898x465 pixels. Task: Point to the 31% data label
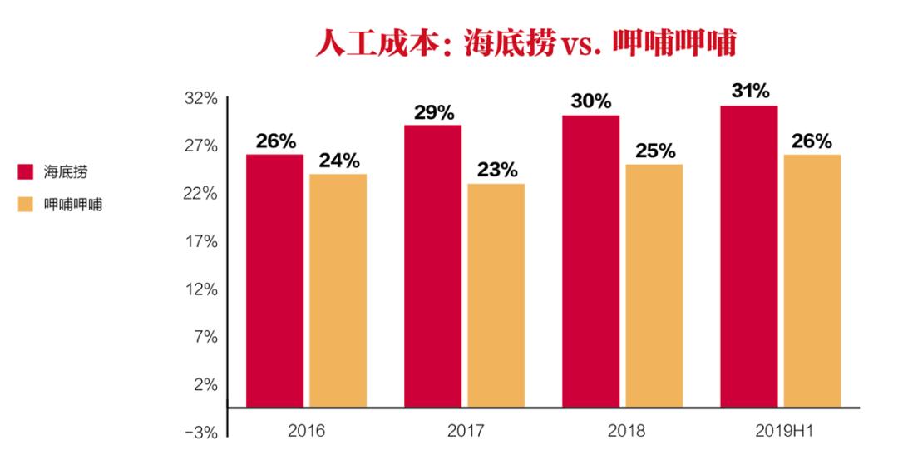click(750, 91)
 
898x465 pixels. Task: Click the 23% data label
click(496, 170)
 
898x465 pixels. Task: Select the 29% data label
click(433, 111)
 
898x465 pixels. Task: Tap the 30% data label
click(591, 101)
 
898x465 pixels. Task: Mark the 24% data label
click(338, 160)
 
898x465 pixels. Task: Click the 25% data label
click(654, 151)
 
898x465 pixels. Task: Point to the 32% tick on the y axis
click(200, 99)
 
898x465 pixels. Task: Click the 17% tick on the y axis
click(200, 242)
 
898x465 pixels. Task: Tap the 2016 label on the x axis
click(306, 432)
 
